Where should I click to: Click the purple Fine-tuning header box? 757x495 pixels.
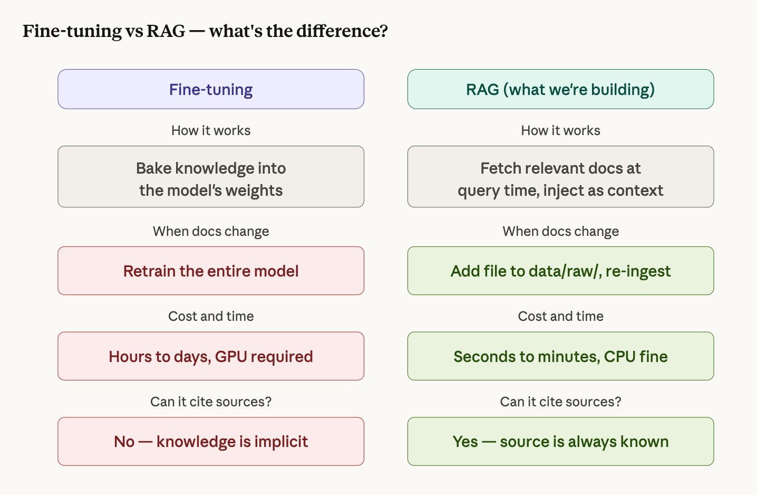(x=211, y=89)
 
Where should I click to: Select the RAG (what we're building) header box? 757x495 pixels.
(x=560, y=89)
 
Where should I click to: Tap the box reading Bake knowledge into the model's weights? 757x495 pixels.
(x=211, y=177)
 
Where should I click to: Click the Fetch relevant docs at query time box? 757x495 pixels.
(x=560, y=177)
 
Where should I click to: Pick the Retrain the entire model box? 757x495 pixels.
(x=211, y=271)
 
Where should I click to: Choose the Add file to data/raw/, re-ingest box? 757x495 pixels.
(x=560, y=271)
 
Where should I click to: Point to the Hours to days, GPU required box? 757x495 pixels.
(x=211, y=356)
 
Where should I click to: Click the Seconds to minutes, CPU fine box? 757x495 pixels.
(x=560, y=356)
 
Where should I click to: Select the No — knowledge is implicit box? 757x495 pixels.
(x=211, y=442)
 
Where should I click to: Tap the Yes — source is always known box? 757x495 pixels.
(x=560, y=442)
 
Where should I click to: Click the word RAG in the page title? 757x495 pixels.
(x=166, y=31)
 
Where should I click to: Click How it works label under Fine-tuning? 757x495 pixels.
(x=211, y=130)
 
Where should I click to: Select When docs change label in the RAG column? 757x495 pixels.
(x=560, y=231)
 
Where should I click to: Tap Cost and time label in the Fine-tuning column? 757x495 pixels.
(x=211, y=316)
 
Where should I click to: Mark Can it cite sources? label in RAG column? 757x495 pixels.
(x=560, y=402)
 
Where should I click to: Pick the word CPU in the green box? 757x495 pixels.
(x=619, y=357)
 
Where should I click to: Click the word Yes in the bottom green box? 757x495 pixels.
(x=465, y=442)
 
